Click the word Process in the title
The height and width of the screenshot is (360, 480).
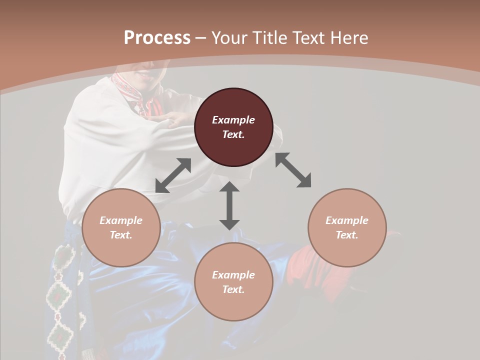coord(157,38)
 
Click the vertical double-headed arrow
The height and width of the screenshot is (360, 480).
coord(229,205)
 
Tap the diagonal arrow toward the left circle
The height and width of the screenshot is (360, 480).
coord(173,175)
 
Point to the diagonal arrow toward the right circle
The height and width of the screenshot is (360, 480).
coord(293,170)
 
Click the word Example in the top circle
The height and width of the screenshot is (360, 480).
coord(233,120)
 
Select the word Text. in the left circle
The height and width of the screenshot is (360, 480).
coord(121,235)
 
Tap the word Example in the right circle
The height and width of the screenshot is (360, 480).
coord(347,220)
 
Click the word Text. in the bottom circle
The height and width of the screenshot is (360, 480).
coord(233,289)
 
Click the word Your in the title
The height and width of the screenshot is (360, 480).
coord(229,38)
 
